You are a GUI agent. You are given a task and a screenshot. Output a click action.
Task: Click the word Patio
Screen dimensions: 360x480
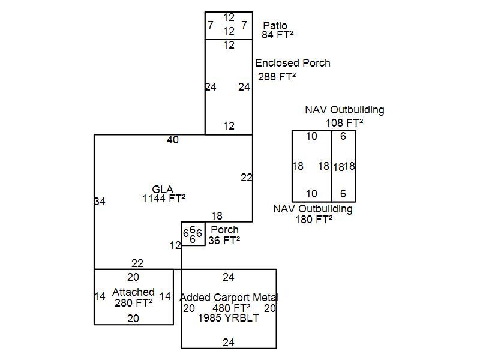(275, 26)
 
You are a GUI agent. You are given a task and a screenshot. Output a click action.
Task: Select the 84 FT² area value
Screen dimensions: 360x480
(277, 35)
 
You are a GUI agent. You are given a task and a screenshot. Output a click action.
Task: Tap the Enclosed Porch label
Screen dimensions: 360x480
(292, 63)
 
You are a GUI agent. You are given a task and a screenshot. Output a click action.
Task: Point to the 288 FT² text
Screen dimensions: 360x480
(277, 76)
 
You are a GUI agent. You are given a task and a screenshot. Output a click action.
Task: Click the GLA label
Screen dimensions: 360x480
(163, 190)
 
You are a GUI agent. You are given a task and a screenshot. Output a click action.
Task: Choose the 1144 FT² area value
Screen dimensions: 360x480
(163, 198)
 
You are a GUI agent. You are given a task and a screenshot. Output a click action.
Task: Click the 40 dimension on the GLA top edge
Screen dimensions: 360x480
(173, 140)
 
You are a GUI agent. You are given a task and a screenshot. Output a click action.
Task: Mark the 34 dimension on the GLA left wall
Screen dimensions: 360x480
(100, 202)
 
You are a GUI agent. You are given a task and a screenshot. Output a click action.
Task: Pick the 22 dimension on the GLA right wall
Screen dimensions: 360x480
(246, 178)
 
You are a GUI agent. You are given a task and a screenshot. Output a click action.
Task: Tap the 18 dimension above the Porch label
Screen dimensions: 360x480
(217, 216)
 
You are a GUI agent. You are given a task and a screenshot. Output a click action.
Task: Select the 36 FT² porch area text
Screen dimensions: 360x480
(224, 241)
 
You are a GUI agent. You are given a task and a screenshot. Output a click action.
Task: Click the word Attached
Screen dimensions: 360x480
(133, 292)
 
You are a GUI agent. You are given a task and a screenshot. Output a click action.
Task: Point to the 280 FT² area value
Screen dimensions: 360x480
(133, 302)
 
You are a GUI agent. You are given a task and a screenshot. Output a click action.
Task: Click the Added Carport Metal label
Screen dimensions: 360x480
(229, 298)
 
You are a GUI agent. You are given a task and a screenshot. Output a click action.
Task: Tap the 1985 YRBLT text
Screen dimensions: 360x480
(229, 318)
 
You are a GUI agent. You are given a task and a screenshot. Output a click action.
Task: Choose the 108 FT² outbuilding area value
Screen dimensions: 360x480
(344, 122)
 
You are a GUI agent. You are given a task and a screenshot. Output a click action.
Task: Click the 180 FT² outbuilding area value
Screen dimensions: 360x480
(313, 219)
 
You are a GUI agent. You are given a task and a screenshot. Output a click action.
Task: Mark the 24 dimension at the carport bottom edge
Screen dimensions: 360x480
(229, 343)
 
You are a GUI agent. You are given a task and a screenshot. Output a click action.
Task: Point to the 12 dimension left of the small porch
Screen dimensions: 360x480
(175, 245)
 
